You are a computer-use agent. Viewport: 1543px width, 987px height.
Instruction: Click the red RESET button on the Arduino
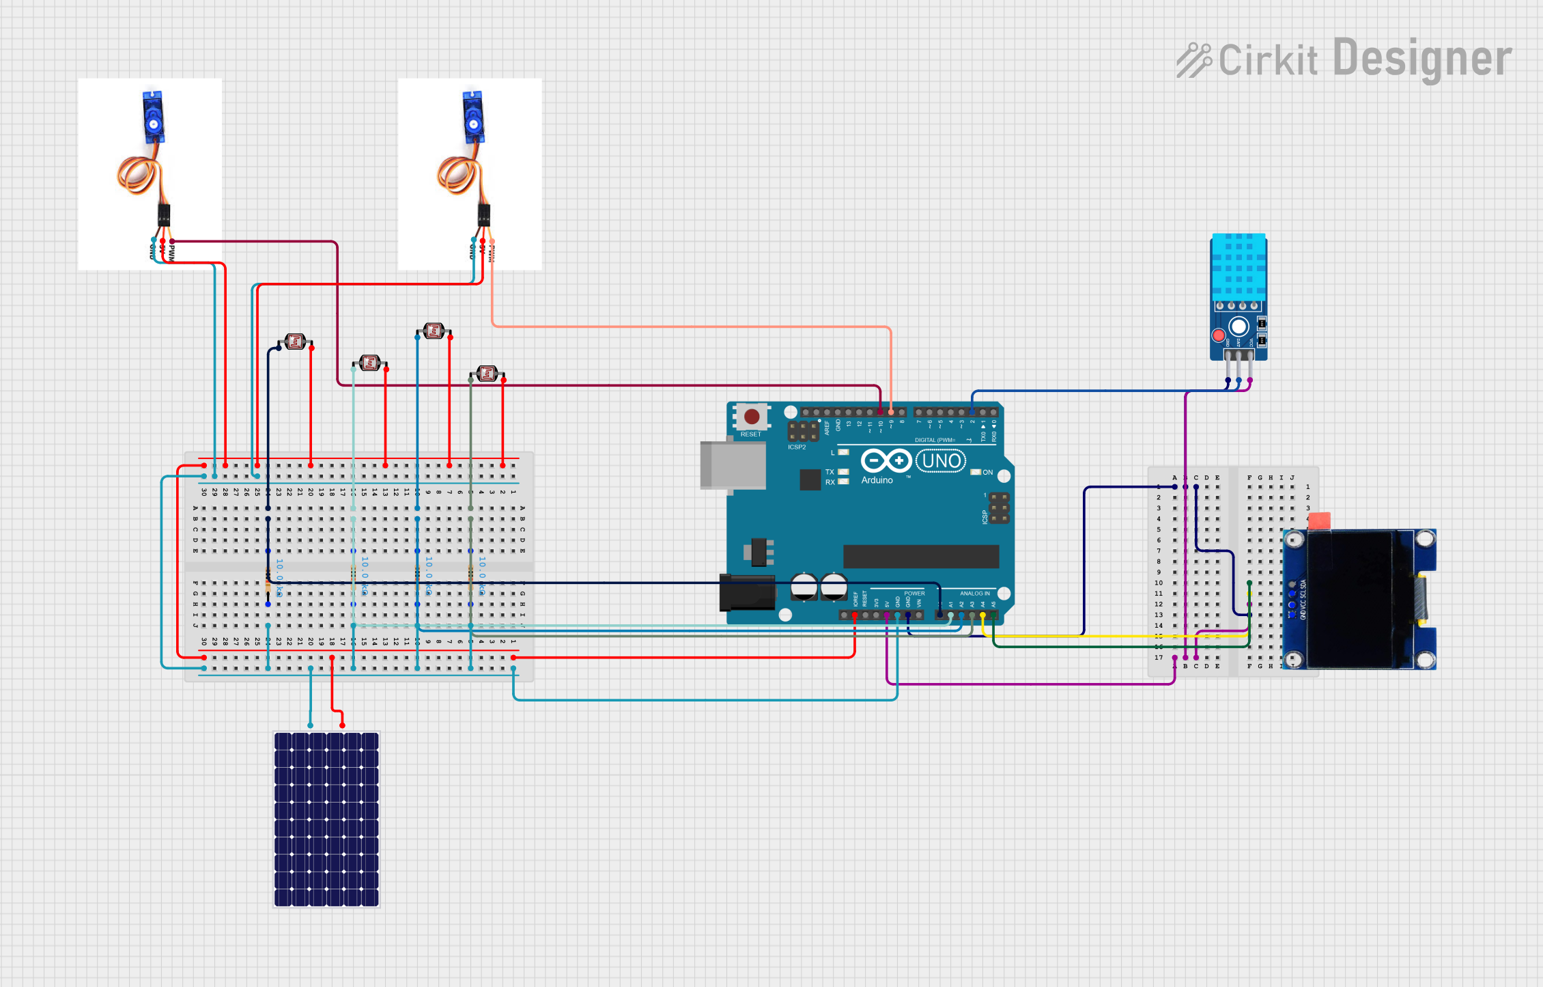(751, 417)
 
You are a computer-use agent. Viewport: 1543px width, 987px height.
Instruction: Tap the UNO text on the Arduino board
(942, 461)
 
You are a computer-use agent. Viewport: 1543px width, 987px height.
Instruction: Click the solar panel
(326, 819)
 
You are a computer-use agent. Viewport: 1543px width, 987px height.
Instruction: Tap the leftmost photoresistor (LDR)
(295, 342)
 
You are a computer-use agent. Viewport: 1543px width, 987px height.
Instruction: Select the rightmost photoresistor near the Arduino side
(487, 373)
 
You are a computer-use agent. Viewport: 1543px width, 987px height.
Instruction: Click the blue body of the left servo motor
(153, 117)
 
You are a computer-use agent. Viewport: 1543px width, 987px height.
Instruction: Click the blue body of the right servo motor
(472, 117)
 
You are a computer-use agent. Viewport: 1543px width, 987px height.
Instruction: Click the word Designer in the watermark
(1421, 59)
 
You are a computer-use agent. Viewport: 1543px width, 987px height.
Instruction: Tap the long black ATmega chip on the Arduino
(920, 556)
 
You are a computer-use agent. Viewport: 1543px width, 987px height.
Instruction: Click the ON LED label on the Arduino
(987, 473)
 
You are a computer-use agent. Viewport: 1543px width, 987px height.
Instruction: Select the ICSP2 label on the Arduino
(797, 447)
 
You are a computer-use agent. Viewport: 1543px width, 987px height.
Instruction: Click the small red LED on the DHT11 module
(1218, 335)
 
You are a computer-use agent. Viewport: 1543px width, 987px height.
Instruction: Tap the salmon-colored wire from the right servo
(683, 326)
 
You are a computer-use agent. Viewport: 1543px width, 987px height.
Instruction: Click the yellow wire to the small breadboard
(1092, 636)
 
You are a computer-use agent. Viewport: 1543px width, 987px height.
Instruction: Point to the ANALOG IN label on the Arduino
(974, 594)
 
